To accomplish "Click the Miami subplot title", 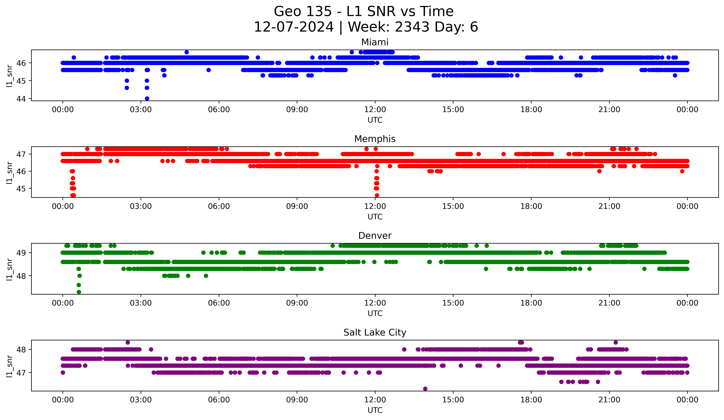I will [375, 42].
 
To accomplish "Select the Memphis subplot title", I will [375, 139].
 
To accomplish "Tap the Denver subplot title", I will [375, 236].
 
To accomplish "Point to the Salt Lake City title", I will [375, 332].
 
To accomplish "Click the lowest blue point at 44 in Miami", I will [147, 98].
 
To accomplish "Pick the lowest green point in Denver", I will [79, 292].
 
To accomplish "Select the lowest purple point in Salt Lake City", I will [425, 389].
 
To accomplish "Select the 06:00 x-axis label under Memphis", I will [219, 206].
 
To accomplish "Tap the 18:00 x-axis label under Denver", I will [531, 303].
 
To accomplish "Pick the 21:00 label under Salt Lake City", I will [609, 400].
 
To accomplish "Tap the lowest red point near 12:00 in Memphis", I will [377, 195].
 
